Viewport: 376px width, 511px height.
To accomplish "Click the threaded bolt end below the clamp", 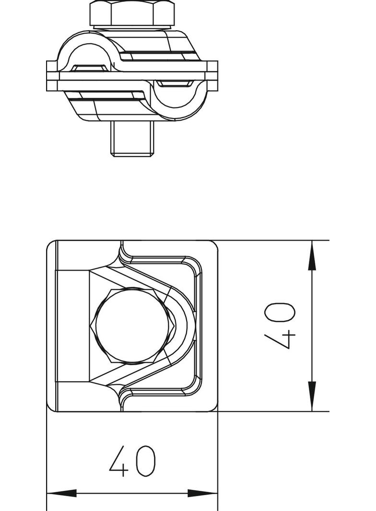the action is point(132,139).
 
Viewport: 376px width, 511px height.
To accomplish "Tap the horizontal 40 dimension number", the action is point(132,461).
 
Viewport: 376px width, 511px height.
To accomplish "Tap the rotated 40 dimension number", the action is point(280,326).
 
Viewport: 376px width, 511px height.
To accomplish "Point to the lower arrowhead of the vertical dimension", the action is point(312,396).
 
